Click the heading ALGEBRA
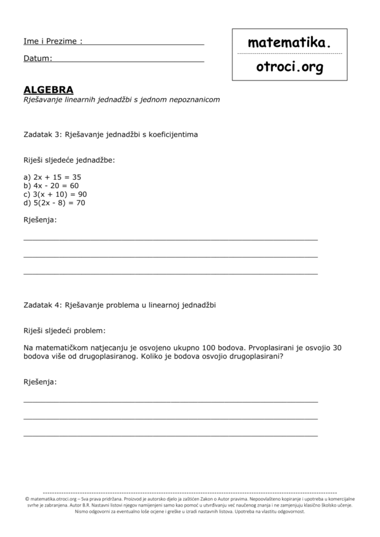click(48, 90)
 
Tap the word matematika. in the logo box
click(289, 42)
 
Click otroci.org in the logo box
click(289, 66)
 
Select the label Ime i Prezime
click(53, 41)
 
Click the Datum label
click(37, 58)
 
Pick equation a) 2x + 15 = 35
click(53, 177)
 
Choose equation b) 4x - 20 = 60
click(51, 186)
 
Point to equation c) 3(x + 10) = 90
click(55, 194)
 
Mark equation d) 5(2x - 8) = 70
click(54, 203)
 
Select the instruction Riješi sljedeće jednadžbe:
click(69, 160)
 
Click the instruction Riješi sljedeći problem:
click(65, 331)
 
